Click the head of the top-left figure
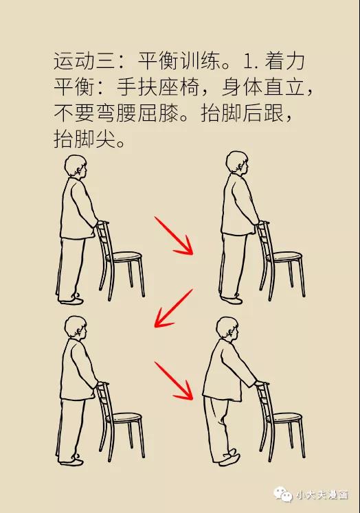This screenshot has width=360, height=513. tap(76, 167)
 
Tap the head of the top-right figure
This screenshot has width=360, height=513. tap(238, 163)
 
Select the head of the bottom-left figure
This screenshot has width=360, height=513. tap(76, 328)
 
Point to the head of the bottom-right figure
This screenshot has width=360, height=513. tap(228, 329)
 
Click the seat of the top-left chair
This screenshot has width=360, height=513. tap(126, 257)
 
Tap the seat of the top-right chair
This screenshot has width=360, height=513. tap(285, 257)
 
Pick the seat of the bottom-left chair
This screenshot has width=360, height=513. tap(126, 418)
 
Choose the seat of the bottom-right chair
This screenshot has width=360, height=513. tap(285, 418)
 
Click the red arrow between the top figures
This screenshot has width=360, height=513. tap(173, 236)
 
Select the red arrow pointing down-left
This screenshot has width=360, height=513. tap(173, 308)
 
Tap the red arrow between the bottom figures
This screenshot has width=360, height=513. tap(173, 380)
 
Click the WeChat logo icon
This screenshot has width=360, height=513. tap(283, 494)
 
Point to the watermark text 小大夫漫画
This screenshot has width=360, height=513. tap(322, 495)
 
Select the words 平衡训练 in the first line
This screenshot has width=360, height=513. tap(179, 61)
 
